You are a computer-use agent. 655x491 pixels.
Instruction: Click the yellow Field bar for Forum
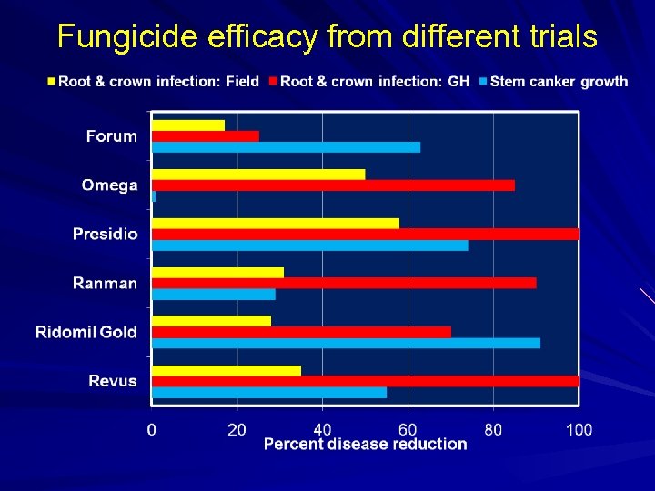(x=188, y=125)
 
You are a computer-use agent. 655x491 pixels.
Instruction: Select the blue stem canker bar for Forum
(x=286, y=147)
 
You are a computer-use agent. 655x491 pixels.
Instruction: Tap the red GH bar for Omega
(x=333, y=185)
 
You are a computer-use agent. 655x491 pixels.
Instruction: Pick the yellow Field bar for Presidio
(x=275, y=224)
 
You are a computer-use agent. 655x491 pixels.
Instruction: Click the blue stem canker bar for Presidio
(x=309, y=245)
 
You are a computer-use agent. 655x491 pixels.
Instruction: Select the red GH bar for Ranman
(x=344, y=283)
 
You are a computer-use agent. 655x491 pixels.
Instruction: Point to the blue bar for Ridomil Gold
(x=346, y=343)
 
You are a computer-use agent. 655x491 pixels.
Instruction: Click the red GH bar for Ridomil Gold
(x=301, y=332)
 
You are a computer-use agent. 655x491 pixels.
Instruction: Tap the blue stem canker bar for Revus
(x=269, y=392)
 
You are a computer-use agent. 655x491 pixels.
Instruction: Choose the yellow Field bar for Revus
(x=227, y=371)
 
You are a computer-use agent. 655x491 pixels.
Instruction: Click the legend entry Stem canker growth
(x=559, y=82)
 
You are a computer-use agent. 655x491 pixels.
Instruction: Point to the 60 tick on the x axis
(x=408, y=429)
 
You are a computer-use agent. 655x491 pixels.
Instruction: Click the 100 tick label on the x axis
(x=579, y=429)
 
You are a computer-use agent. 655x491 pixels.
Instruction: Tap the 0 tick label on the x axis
(x=152, y=429)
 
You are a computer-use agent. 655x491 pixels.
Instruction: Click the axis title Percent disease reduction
(x=365, y=445)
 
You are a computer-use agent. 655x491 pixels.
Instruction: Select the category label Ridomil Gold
(x=86, y=332)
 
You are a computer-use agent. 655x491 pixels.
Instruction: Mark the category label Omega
(x=109, y=185)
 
